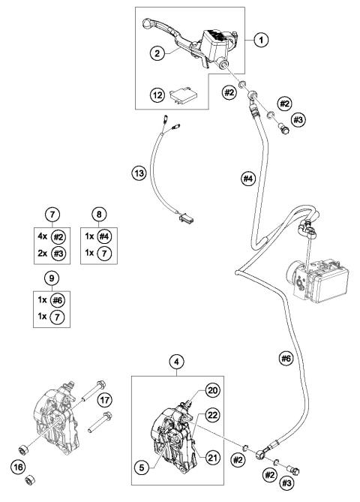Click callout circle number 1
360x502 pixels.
coord(261,40)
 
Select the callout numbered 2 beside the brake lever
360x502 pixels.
coord(157,53)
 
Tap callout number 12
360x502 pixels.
coord(157,95)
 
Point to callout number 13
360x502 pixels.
coord(139,173)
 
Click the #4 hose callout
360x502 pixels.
coord(248,179)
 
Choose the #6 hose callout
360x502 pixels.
coord(286,359)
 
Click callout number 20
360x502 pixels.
coord(213,390)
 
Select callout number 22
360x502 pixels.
coord(213,415)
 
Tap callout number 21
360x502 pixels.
coord(212,458)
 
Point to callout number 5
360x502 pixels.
coord(142,467)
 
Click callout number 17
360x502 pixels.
coord(105,400)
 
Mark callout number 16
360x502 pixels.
coord(18,467)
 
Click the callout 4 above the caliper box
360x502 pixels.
coord(177,362)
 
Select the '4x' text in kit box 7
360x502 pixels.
coord(42,236)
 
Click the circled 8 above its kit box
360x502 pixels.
coord(99,214)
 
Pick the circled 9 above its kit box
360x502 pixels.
coord(52,278)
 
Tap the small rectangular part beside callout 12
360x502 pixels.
coord(183,95)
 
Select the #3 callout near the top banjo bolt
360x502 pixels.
coord(298,120)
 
